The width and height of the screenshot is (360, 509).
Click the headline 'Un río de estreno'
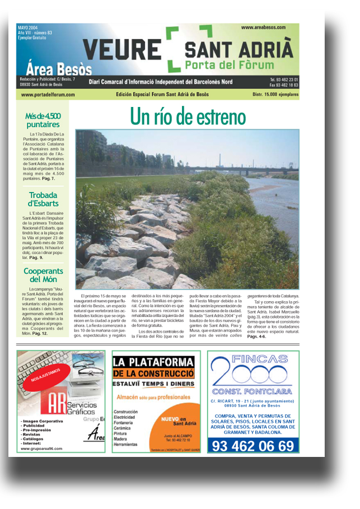pos(188,116)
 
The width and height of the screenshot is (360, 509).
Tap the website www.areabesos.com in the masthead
pos(264,27)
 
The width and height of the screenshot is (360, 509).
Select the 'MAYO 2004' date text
pos(29,27)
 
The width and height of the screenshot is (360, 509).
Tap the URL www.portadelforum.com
pos(48,95)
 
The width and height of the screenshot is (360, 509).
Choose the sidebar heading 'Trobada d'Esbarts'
pos(43,199)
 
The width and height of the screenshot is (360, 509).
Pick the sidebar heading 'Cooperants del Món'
pos(43,275)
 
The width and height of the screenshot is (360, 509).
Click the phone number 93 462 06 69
pos(253,446)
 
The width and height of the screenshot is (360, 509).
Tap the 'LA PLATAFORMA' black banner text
pos(152,362)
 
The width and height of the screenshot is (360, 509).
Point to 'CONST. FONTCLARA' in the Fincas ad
pos(253,391)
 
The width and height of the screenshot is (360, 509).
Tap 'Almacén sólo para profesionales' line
pos(153,397)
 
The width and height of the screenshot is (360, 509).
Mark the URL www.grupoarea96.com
pos(41,449)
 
